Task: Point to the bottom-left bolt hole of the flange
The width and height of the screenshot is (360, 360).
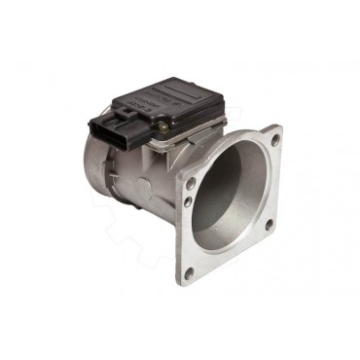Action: (188, 273)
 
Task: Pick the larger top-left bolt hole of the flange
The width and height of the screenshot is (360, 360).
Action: (191, 180)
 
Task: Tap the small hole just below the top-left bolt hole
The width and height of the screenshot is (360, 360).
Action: (187, 202)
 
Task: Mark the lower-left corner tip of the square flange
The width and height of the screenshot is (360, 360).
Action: (180, 288)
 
